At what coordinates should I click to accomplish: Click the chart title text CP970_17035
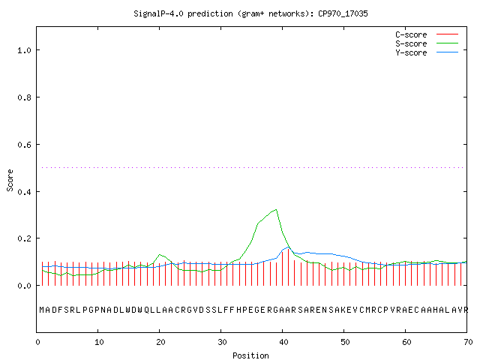pyautogui.click(x=343, y=13)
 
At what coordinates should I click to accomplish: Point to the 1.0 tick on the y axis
pyautogui.click(x=24, y=50)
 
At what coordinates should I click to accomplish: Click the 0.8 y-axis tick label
pyautogui.click(x=24, y=97)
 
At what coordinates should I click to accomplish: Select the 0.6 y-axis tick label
pyautogui.click(x=24, y=145)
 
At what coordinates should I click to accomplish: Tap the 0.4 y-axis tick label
pyautogui.click(x=24, y=192)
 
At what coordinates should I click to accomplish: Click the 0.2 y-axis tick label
pyautogui.click(x=24, y=238)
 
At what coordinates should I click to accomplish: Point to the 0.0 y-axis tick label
pyautogui.click(x=24, y=286)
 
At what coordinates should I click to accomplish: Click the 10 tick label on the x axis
pyautogui.click(x=98, y=342)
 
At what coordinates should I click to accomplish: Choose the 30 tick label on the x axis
pyautogui.click(x=222, y=342)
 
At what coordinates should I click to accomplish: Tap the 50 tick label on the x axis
pyautogui.click(x=345, y=342)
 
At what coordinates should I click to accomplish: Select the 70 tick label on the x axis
pyautogui.click(x=468, y=342)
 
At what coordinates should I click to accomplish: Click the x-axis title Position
pyautogui.click(x=250, y=355)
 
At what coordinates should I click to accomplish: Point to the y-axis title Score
pyautogui.click(x=10, y=180)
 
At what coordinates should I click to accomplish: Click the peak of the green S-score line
pyautogui.click(x=276, y=209)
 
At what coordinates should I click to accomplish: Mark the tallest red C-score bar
pyautogui.click(x=288, y=267)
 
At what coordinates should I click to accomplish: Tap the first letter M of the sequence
pyautogui.click(x=42, y=310)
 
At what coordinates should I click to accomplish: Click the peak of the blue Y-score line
pyautogui.click(x=288, y=247)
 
